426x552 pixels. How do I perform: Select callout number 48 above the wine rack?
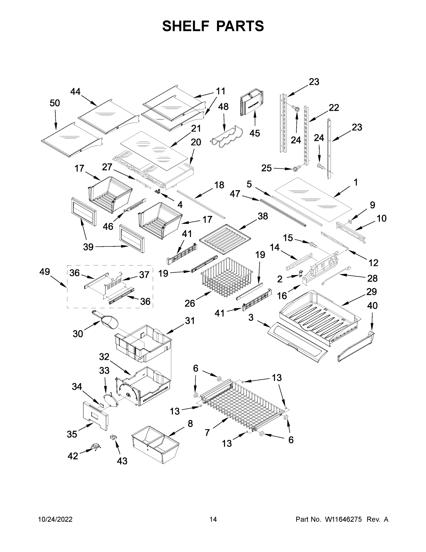click(223, 107)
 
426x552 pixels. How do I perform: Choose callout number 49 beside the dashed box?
click(45, 272)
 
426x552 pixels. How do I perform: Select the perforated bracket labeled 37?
click(114, 286)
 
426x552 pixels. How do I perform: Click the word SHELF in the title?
click(186, 26)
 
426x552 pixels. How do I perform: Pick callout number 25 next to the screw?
click(266, 168)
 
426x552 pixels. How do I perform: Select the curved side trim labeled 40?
click(356, 346)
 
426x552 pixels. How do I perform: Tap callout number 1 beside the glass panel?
click(355, 182)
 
